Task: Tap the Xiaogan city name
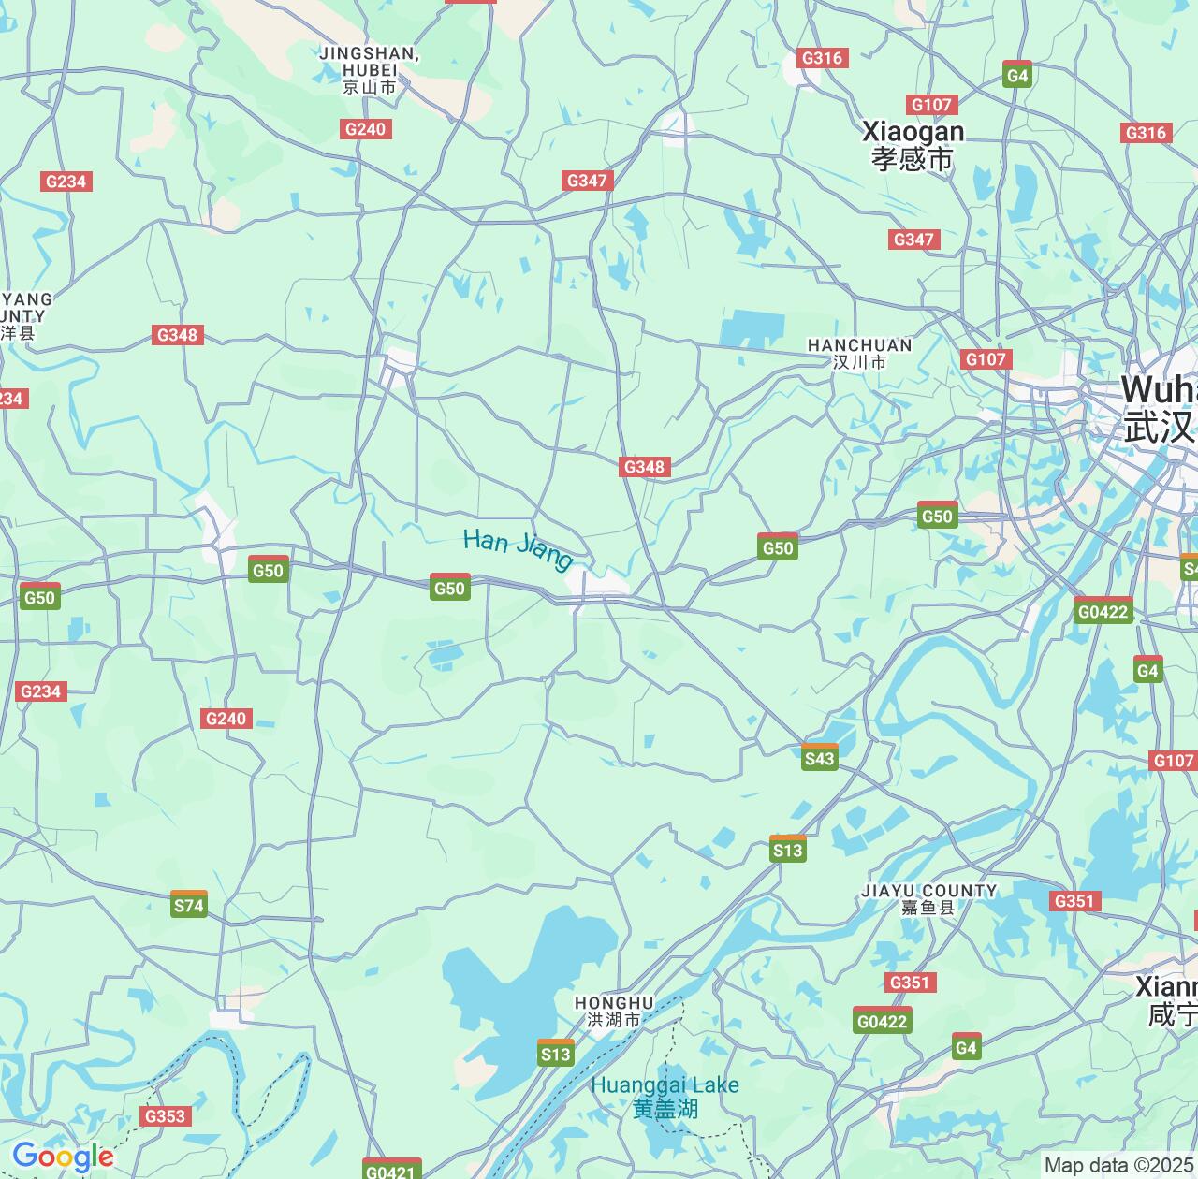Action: click(x=913, y=145)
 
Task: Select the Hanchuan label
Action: click(x=859, y=353)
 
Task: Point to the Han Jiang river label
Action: click(x=518, y=549)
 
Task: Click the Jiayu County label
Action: click(x=928, y=898)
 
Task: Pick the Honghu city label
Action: click(x=614, y=1012)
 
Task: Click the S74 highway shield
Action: click(x=189, y=905)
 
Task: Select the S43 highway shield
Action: click(x=820, y=758)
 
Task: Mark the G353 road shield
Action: click(x=165, y=1115)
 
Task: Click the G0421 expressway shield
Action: click(x=390, y=1172)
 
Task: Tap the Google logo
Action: click(x=63, y=1157)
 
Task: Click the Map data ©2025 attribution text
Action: click(x=1119, y=1166)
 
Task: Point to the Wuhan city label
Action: click(x=1159, y=408)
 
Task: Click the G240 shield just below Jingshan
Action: click(x=365, y=129)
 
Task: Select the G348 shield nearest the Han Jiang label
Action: click(x=644, y=466)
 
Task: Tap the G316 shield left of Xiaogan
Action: click(x=822, y=58)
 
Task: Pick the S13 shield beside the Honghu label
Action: click(x=556, y=1054)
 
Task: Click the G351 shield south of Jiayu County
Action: click(x=909, y=982)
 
